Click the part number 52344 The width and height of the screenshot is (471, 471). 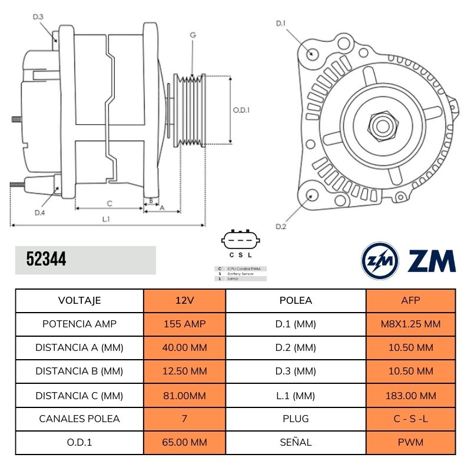click(47, 259)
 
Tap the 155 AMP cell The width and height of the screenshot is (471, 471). click(184, 324)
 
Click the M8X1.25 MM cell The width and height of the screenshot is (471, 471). click(411, 324)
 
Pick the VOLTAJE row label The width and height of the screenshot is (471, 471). click(79, 300)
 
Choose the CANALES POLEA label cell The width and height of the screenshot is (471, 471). click(79, 419)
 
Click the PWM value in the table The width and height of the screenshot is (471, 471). click(411, 442)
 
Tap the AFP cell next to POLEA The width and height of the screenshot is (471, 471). click(411, 300)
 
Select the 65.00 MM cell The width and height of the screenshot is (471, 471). click(184, 442)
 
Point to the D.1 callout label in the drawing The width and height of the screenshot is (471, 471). click(281, 24)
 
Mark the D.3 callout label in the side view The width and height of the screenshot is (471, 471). click(38, 17)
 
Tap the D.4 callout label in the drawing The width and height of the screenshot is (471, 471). click(39, 213)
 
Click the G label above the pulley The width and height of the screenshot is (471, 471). click(193, 35)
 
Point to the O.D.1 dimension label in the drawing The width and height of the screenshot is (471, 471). click(241, 110)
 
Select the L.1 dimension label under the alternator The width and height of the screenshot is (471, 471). click(107, 219)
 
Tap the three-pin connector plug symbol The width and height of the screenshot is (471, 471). click(241, 240)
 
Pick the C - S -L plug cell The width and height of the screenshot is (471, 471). click(411, 419)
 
